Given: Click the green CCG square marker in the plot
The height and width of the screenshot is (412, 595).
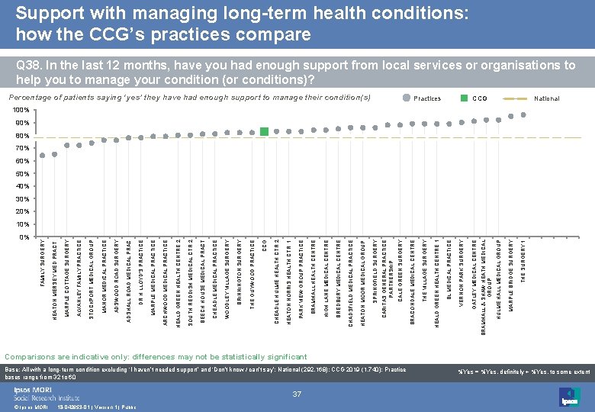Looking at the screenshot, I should (264, 132).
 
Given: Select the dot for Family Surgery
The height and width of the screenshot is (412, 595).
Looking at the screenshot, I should (43, 156).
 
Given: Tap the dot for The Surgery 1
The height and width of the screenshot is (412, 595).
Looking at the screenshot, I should (523, 115).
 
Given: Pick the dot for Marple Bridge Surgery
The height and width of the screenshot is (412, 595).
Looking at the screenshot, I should (510, 117).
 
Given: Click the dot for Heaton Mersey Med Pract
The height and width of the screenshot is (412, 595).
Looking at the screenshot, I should (55, 154).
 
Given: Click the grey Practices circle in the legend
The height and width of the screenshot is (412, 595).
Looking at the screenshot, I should (404, 98).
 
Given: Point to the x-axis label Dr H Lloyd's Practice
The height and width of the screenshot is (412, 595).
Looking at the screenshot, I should (141, 264).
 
